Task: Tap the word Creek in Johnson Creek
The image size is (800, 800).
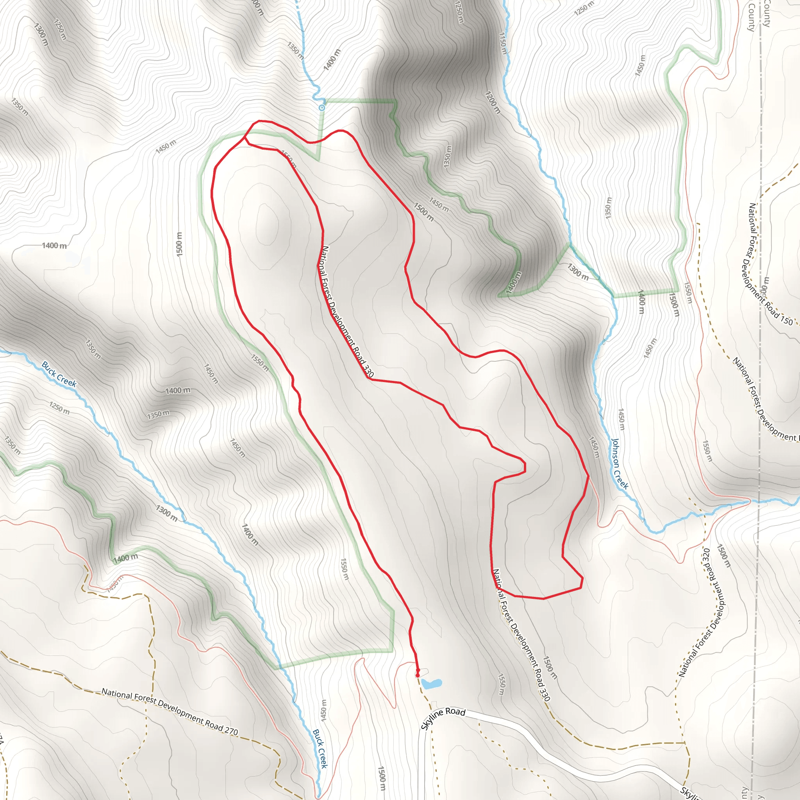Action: [622, 479]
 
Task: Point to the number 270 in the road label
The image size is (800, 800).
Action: [231, 730]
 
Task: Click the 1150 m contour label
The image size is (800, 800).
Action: [503, 43]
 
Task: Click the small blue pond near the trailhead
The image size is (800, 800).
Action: [432, 683]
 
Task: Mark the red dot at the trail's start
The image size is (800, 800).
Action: [418, 675]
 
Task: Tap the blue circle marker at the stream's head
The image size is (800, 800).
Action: [322, 108]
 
